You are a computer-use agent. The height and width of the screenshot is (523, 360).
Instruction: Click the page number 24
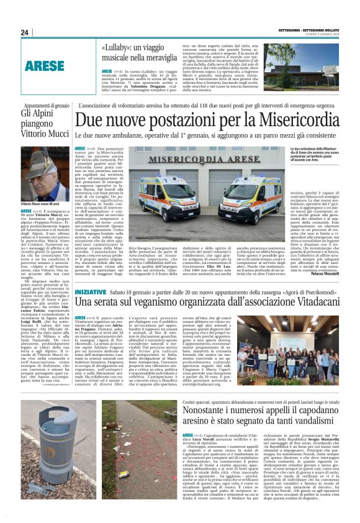[x=25, y=32]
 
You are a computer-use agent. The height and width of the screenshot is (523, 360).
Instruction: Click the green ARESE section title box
[x=45, y=65]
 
